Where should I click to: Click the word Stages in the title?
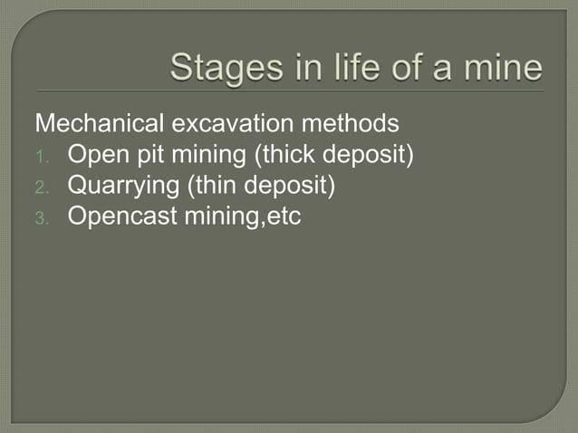pos(222,68)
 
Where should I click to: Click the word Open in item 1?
pos(93,157)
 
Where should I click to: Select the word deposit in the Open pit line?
pos(369,157)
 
